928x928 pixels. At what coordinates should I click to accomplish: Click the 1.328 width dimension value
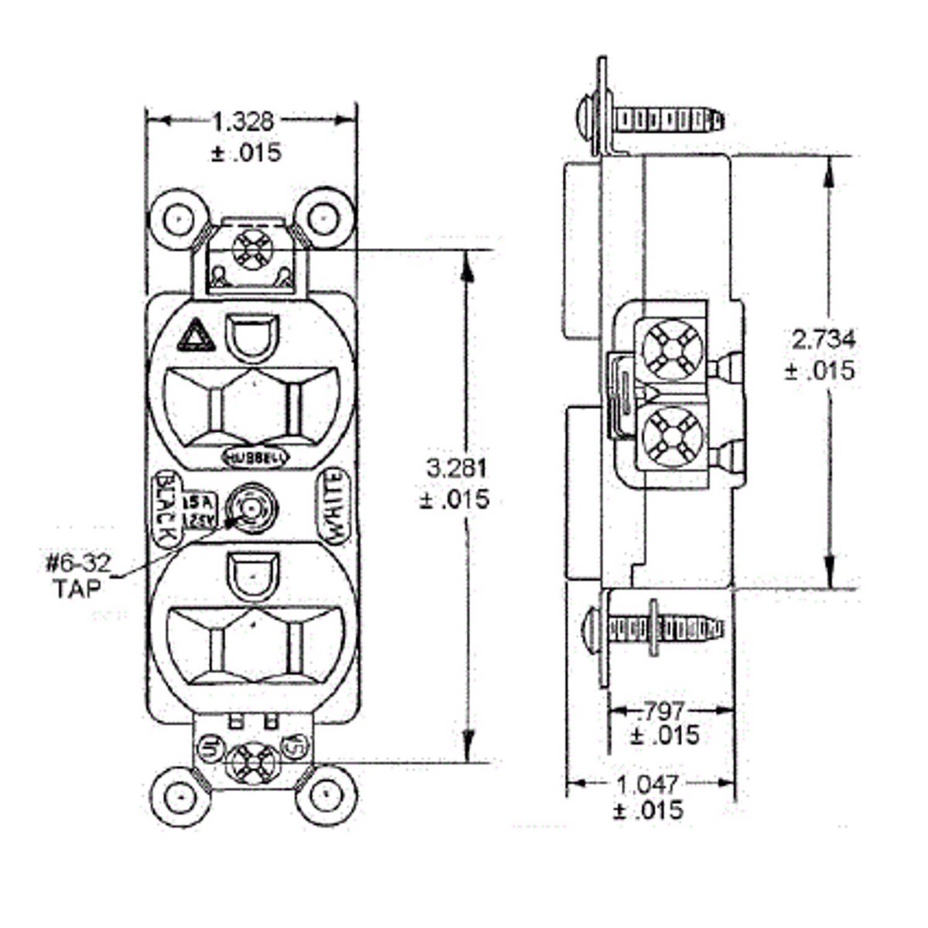(243, 121)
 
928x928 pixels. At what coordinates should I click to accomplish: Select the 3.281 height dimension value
(456, 469)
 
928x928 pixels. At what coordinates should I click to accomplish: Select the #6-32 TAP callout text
(77, 575)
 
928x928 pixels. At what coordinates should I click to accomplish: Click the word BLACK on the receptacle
(165, 508)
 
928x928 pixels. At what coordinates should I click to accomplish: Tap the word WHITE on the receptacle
(335, 507)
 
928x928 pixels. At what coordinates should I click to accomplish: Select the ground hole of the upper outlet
(251, 337)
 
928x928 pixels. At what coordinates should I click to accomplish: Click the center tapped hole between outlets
(251, 508)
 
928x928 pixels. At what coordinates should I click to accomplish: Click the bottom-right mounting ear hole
(326, 795)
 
